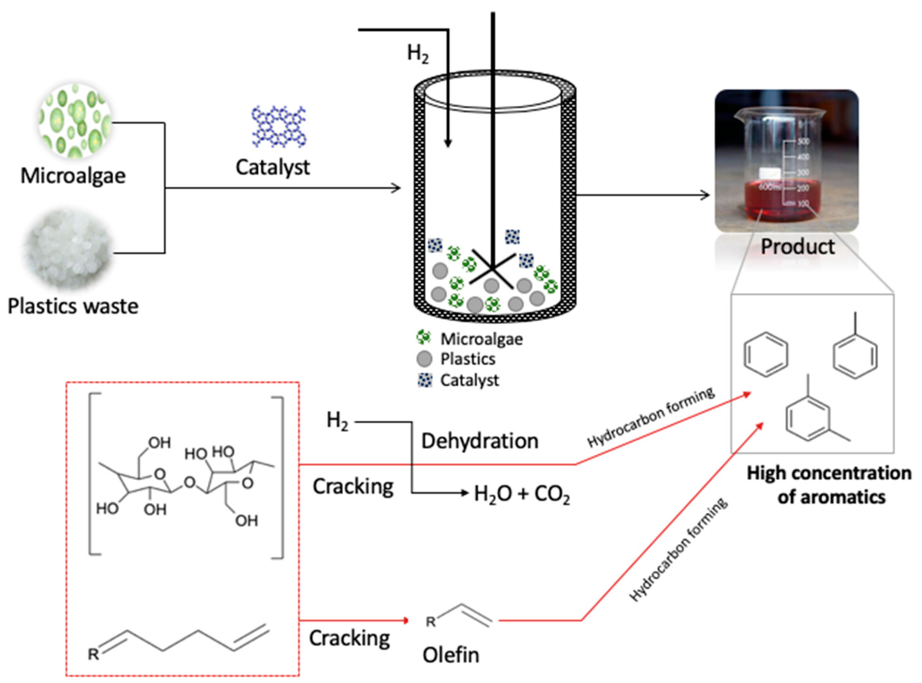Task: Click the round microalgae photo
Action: [75, 121]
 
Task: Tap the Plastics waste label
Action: [73, 307]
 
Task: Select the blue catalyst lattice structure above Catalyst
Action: [279, 126]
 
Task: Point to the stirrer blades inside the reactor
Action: [492, 269]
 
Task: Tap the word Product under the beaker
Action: [798, 247]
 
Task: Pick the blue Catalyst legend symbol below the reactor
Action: [425, 380]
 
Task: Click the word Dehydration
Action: [480, 442]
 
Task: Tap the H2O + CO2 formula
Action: [522, 494]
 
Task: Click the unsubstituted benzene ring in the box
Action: [766, 355]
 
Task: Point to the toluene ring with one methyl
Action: [855, 355]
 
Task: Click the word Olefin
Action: [451, 655]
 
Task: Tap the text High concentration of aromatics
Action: [829, 485]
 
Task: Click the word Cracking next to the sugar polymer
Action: [353, 487]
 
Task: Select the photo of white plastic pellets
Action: [68, 249]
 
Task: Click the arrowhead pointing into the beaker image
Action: [705, 195]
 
